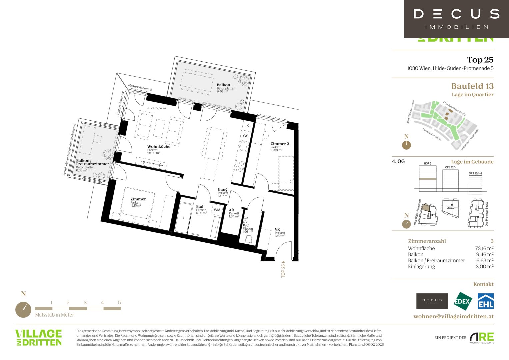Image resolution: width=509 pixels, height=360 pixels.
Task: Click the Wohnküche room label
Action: coord(159,147)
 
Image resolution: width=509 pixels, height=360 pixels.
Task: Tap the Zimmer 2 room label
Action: coord(279,144)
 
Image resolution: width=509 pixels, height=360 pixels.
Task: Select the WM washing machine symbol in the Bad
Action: coord(217,210)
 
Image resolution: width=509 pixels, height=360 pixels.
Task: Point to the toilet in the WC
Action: coord(249,239)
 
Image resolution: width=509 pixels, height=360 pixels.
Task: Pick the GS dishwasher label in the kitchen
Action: coord(246,136)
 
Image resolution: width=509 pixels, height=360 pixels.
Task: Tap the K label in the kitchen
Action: coord(248,126)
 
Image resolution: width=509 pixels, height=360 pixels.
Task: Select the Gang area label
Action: coord(223,190)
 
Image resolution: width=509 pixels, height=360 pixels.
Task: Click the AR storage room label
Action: coord(231,210)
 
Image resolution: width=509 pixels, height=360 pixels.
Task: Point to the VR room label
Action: coord(277,230)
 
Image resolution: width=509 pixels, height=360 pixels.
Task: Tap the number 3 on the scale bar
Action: coord(85,303)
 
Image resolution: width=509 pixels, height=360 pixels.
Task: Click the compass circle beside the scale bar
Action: coord(23,310)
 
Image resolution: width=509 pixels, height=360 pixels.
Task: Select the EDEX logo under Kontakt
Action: coord(463,301)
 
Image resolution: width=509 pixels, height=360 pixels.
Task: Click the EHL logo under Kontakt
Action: coord(486,301)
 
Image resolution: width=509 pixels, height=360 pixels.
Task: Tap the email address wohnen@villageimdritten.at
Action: coord(453,316)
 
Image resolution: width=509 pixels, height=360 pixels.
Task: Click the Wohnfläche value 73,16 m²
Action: coord(484,248)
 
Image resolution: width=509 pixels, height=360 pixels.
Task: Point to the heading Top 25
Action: coord(480,60)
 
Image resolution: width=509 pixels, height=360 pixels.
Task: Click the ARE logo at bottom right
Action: coord(482,338)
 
